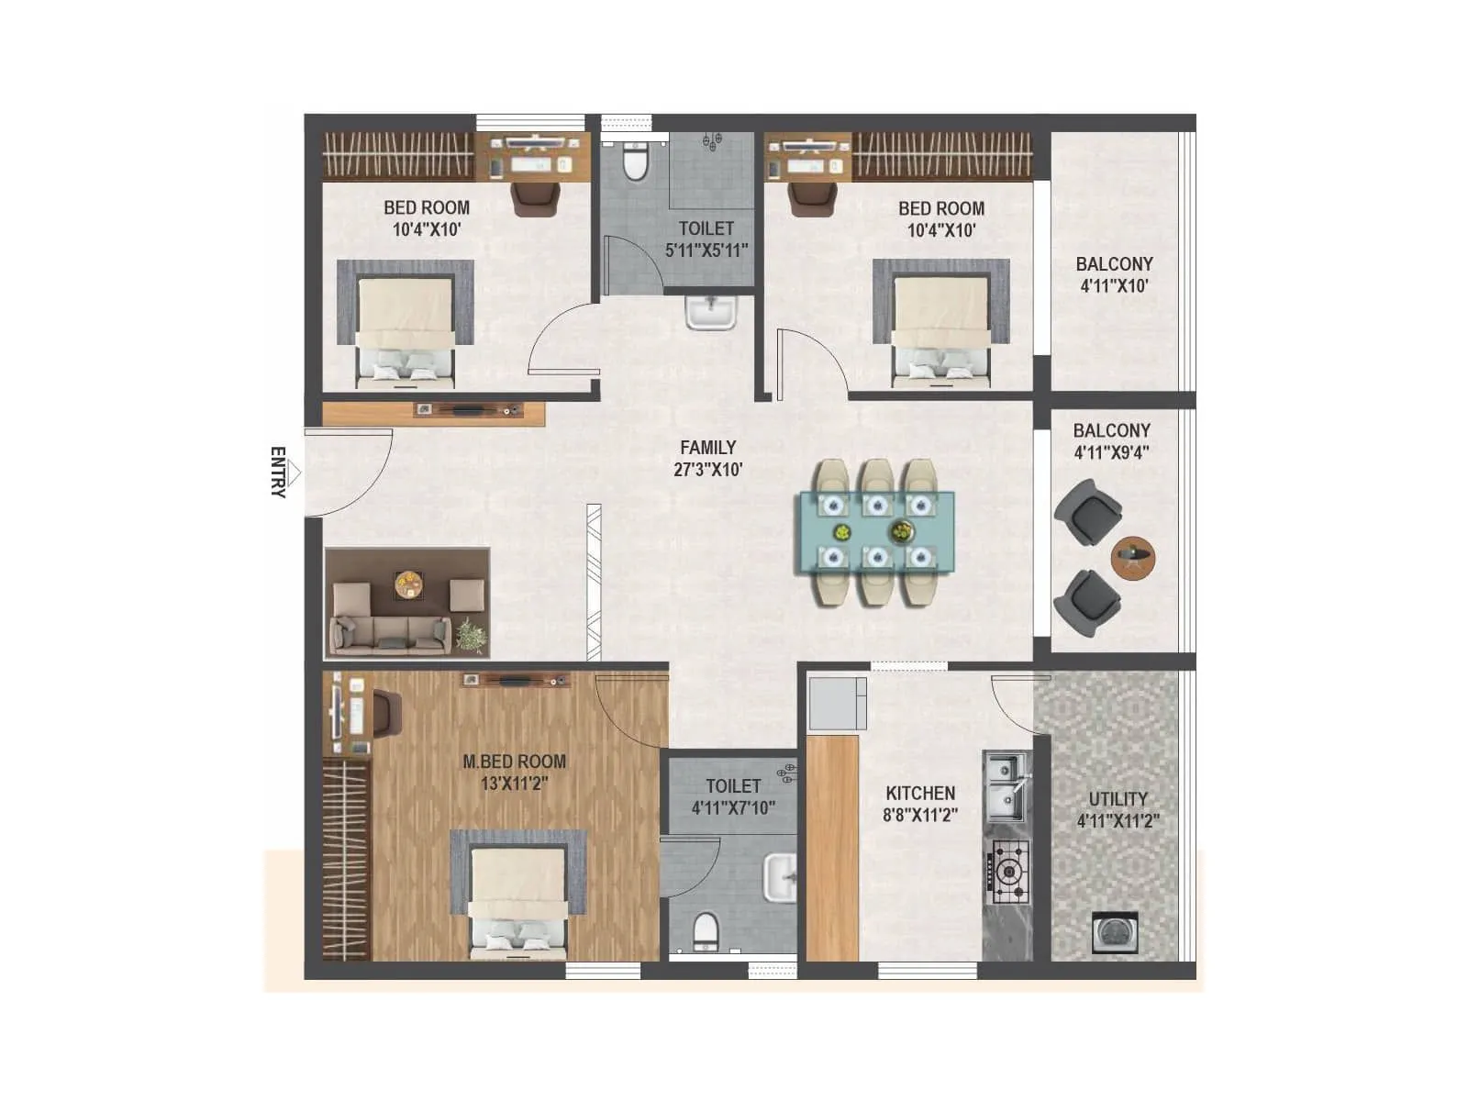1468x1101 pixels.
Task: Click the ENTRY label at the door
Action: pos(278,472)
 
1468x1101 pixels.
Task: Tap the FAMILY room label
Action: pos(707,448)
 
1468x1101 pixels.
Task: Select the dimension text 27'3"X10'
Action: pos(707,470)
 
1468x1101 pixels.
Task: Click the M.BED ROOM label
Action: pos(514,762)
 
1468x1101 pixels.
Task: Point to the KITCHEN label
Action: pos(920,794)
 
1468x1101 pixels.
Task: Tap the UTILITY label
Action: pos(1118,799)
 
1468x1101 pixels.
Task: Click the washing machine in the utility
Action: pos(1116,933)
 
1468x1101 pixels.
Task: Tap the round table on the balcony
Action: pos(1133,557)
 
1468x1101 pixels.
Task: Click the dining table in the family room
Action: pos(876,532)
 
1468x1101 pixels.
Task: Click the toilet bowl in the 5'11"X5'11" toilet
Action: pos(635,162)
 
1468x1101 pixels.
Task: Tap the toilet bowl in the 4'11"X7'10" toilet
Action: pos(705,929)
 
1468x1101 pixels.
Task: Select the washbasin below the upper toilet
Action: pos(710,312)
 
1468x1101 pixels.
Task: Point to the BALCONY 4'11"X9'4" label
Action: pos(1111,440)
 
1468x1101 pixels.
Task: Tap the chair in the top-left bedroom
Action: pos(535,199)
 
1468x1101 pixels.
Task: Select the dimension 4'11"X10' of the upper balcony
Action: pos(1114,286)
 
